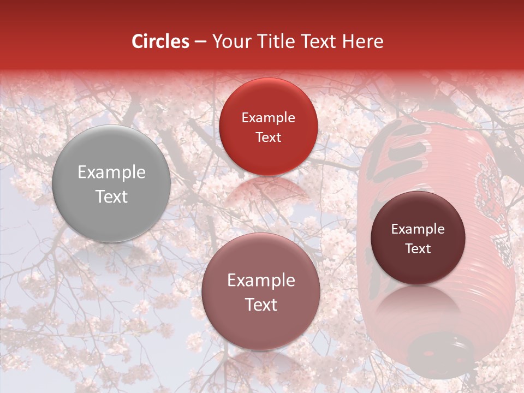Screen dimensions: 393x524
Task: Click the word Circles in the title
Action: point(160,41)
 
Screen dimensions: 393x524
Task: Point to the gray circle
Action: point(111,184)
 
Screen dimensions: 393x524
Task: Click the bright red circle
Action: point(268,127)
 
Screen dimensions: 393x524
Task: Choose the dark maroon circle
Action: point(418,238)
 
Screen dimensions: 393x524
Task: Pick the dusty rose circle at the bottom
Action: point(260,291)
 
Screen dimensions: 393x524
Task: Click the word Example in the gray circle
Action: point(111,172)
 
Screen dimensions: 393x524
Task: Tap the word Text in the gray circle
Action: point(111,196)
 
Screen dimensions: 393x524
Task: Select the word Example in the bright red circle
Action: point(268,118)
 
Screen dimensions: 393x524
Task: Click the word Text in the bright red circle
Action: point(268,137)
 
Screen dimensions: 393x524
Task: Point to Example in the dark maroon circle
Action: point(418,229)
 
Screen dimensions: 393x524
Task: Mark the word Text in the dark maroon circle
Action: point(418,248)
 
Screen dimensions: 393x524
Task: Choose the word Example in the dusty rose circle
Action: point(261,281)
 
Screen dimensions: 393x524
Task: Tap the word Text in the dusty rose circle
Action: point(261,305)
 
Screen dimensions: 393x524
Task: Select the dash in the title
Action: point(200,42)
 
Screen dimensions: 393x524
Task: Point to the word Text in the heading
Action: point(319,41)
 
